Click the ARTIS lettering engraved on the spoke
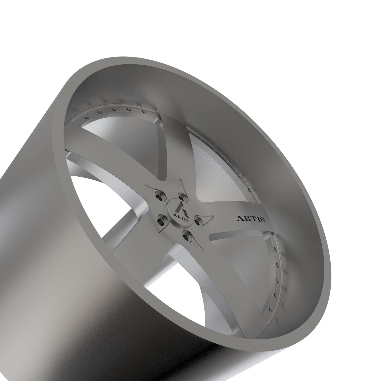click(251, 219)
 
